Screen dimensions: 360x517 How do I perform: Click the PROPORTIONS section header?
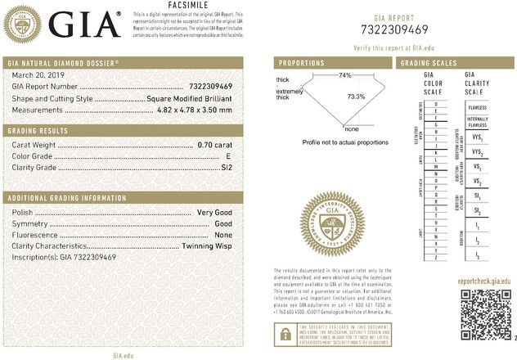pyautogui.click(x=302, y=63)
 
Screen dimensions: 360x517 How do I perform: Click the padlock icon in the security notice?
pyautogui.click(x=283, y=333)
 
